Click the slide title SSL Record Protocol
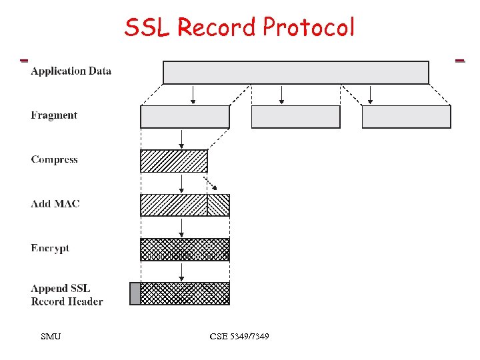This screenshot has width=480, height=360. (x=239, y=27)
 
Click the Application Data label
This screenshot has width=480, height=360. (x=71, y=71)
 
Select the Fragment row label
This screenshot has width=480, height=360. (x=54, y=115)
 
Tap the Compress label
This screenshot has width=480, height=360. (x=54, y=159)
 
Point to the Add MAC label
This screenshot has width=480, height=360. (x=55, y=203)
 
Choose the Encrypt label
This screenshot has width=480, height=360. (x=50, y=248)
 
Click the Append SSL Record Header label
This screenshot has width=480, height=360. (x=67, y=295)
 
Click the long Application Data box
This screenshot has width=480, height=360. (x=295, y=73)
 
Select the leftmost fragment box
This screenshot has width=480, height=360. (x=185, y=117)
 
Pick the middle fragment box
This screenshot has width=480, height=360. (x=295, y=117)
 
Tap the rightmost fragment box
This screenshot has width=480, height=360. (x=406, y=117)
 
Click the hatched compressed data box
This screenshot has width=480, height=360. (x=173, y=161)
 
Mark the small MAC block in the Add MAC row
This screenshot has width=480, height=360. (x=218, y=205)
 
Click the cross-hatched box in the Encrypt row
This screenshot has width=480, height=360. (x=185, y=249)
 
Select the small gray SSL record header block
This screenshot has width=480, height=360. (x=135, y=293)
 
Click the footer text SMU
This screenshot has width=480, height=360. (x=51, y=337)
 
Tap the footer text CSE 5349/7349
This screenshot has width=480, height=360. (x=239, y=337)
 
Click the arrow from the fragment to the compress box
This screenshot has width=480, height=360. (x=181, y=139)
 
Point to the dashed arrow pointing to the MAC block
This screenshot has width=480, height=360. (x=211, y=183)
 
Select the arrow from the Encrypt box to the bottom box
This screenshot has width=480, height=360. (x=181, y=271)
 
